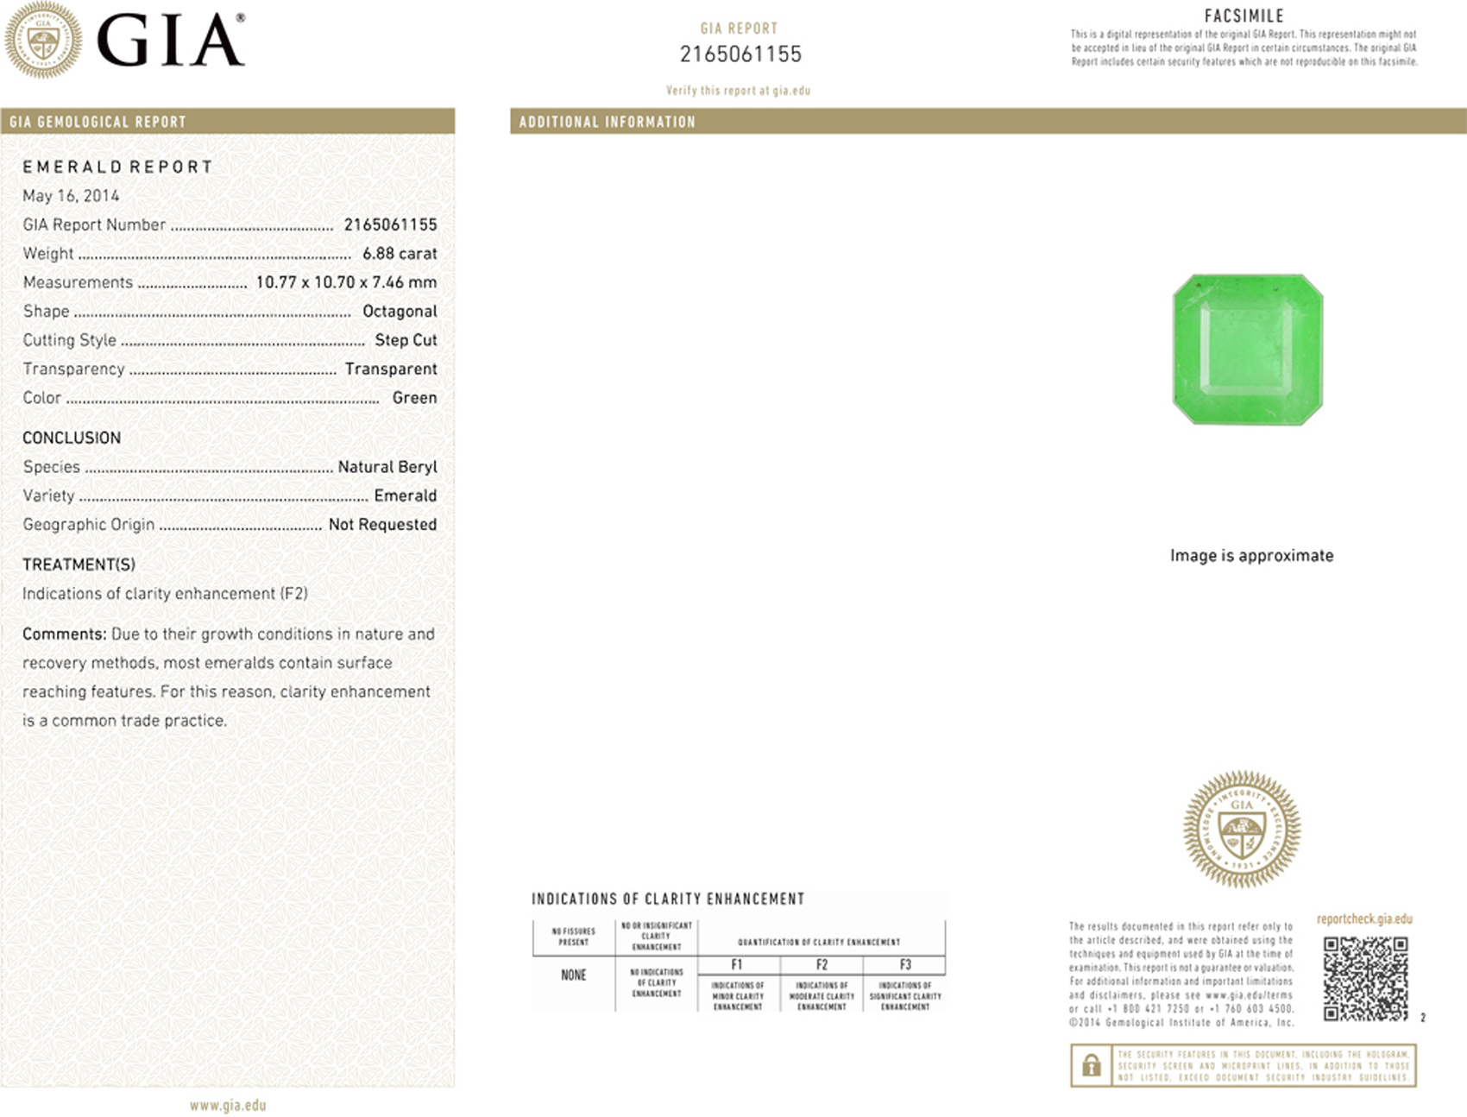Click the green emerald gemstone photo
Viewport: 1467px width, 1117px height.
pos(1248,350)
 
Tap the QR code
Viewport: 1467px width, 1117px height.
pos(1365,979)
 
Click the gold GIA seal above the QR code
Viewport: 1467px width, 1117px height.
pos(1242,830)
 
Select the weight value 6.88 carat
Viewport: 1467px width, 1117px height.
pos(400,254)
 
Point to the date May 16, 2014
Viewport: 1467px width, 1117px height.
pos(71,196)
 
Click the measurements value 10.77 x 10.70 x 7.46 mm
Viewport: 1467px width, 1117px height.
pos(346,282)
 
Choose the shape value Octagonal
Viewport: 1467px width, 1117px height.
pos(400,312)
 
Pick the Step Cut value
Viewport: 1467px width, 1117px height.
pos(406,340)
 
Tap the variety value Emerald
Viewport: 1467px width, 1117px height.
pos(405,495)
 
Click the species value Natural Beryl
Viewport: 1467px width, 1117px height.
pos(387,467)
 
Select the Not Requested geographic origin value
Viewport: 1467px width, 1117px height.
pos(382,525)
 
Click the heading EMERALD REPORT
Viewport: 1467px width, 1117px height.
pos(117,167)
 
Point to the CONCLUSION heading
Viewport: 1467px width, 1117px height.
pos(72,438)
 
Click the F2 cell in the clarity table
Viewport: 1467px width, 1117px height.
pos(822,965)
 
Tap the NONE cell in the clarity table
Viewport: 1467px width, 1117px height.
pos(574,975)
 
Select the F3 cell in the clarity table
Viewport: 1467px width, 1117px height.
pos(905,965)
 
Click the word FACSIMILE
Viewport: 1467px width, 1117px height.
pos(1243,16)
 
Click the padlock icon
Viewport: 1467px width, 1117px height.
pos(1091,1066)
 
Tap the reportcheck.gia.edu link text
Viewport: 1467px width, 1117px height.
pos(1364,919)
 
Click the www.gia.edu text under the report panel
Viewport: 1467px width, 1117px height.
pos(228,1106)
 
